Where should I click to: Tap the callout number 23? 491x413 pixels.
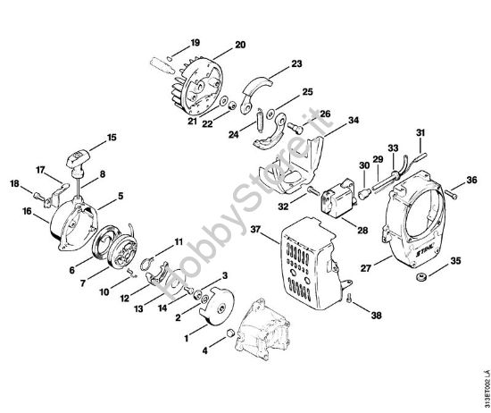(296, 63)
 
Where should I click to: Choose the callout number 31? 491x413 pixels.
(420, 133)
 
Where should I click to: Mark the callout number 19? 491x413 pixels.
(196, 42)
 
